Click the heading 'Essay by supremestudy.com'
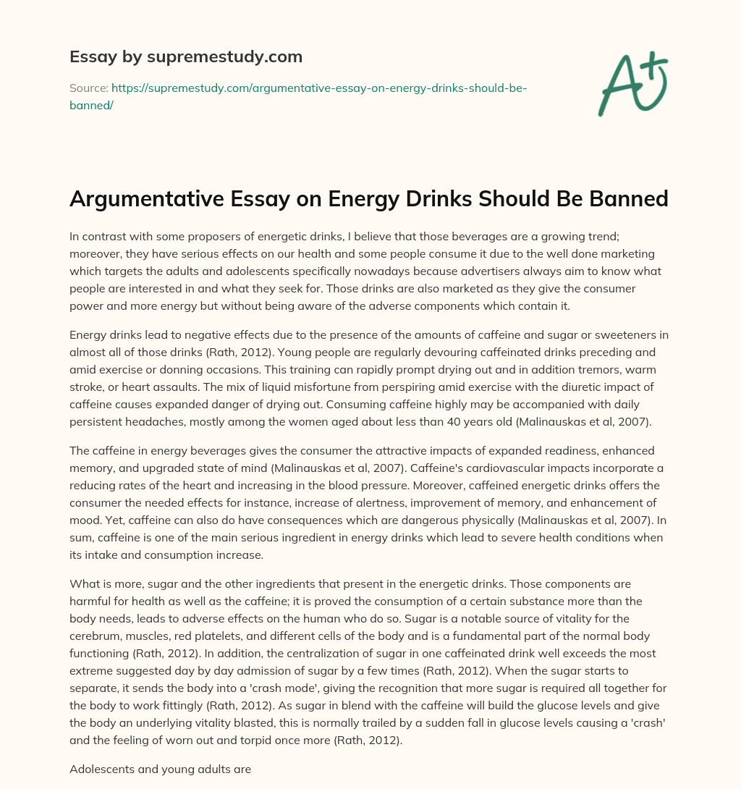point(186,56)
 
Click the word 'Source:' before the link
point(88,88)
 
